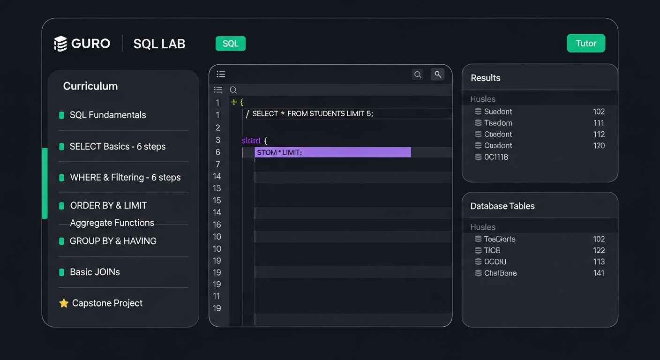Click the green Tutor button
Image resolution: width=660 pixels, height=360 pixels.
click(585, 44)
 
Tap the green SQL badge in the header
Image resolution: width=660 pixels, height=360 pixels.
click(230, 44)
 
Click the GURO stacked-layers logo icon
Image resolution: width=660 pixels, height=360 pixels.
click(60, 44)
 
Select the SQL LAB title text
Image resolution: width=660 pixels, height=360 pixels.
click(159, 44)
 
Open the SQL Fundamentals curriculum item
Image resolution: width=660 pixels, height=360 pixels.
click(108, 115)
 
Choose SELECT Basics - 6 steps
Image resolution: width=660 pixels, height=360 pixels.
click(117, 146)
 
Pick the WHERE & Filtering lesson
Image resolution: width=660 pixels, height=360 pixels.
click(125, 177)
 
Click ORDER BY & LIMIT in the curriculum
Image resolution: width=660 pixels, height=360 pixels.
click(108, 205)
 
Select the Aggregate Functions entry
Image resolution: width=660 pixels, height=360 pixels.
click(112, 223)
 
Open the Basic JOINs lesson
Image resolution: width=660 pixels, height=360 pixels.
click(95, 272)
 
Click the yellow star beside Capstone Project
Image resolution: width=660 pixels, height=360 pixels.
click(64, 303)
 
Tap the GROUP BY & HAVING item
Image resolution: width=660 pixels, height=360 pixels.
click(113, 241)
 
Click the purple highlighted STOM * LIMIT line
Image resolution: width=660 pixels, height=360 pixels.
click(332, 152)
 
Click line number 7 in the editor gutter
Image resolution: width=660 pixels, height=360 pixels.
click(217, 164)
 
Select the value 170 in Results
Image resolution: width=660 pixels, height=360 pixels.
click(599, 145)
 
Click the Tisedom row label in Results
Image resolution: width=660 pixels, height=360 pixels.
click(498, 123)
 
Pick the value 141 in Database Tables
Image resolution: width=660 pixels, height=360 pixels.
click(599, 273)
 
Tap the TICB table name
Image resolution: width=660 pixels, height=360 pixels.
click(492, 250)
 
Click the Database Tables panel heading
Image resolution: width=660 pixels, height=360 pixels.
click(502, 206)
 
